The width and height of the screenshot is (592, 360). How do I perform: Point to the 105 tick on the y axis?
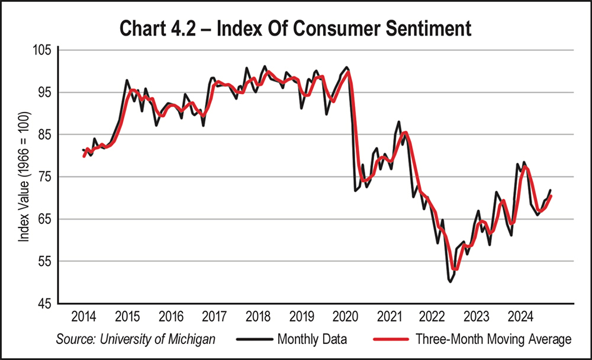coord(43,50)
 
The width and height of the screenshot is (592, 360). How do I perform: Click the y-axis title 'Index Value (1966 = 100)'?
coord(24,177)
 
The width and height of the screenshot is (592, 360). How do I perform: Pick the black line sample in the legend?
coord(254,340)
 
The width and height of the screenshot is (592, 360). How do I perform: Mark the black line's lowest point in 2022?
coord(451,282)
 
